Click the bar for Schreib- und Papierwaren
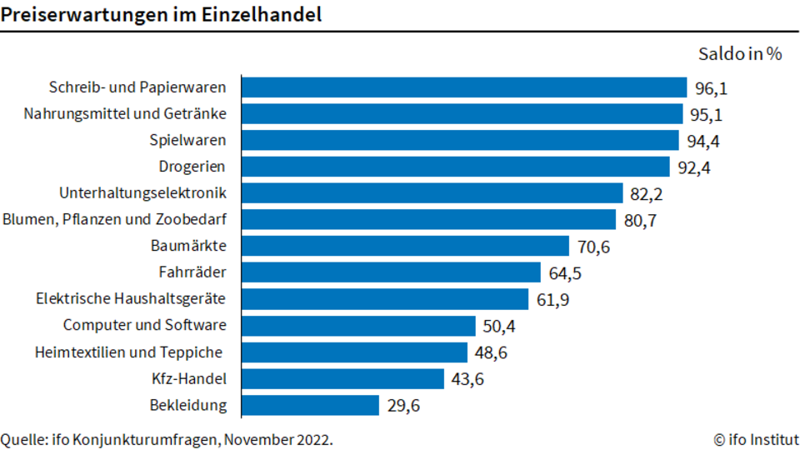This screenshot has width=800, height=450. coord(464,87)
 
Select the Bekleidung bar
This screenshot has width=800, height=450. coord(310,406)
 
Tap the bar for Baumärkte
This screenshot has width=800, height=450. coord(405,246)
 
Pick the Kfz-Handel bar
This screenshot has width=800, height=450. coord(342,379)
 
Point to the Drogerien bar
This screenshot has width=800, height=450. coord(456,167)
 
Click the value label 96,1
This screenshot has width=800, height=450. coord(711,89)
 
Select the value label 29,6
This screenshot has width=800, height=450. coord(403,406)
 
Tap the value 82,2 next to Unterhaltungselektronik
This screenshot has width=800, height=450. coord(647,194)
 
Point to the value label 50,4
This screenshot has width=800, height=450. coord(499,327)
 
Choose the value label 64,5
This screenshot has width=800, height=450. coord(565,273)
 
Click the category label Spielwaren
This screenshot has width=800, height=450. coord(187,140)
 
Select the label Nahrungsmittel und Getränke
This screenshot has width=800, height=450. coord(125,113)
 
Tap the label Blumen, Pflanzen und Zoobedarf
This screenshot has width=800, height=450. coord(114,219)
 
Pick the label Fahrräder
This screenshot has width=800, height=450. coord(192,272)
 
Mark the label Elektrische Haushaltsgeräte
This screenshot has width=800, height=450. coord(131,298)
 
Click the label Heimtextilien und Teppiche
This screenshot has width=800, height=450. coord(128,352)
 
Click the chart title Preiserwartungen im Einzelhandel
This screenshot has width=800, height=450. coord(161,14)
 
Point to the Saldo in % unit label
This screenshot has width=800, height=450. coord(740,53)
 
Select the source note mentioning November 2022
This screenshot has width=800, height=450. coord(167,439)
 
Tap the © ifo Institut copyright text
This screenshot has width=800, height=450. coord(756,439)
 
